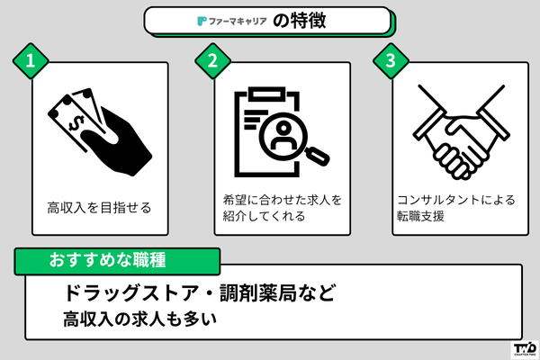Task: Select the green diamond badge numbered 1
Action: click(31, 61)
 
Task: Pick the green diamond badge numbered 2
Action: click(212, 61)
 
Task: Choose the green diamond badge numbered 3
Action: click(391, 61)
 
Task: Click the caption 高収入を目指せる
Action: click(99, 208)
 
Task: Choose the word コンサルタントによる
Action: click(454, 200)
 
